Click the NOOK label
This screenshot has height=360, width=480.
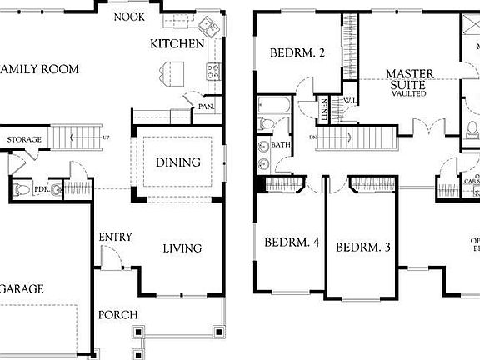[128, 17]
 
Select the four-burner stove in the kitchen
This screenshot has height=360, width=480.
[212, 72]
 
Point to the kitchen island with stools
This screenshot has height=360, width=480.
[172, 73]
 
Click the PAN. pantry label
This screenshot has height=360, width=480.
[205, 107]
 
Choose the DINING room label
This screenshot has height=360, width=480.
[177, 162]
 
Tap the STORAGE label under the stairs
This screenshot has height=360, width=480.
[24, 139]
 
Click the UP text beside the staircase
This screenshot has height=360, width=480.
[106, 136]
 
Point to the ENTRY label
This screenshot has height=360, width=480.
[115, 237]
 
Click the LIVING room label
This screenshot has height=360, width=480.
[182, 247]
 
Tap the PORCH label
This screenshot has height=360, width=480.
[118, 314]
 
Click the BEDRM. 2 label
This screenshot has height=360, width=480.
[297, 53]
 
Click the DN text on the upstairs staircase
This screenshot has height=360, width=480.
[313, 136]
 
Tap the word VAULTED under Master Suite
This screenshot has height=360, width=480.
[408, 93]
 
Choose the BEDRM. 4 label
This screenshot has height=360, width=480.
[292, 243]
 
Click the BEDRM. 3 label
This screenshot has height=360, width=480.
[363, 247]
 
